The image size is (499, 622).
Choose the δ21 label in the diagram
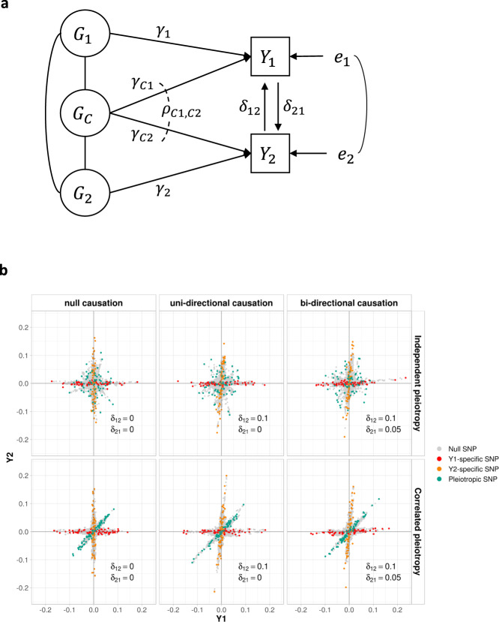303,116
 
